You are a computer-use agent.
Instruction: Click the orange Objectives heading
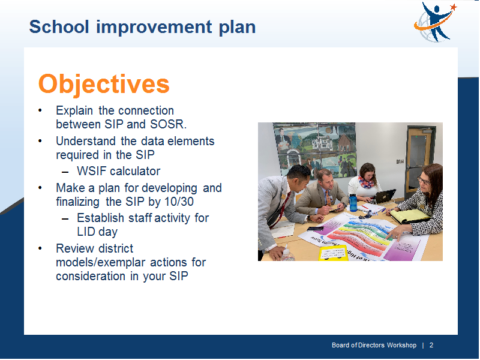point(104,84)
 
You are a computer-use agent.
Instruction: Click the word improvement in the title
point(154,27)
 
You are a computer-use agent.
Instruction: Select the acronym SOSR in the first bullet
point(167,124)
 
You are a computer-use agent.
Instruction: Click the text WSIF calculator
point(118,171)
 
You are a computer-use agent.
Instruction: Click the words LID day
point(97,232)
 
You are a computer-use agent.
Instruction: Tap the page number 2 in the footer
point(431,346)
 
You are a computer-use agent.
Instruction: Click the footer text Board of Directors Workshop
point(374,346)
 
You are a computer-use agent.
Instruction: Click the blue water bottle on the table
point(353,202)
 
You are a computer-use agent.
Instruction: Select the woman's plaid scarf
point(366,181)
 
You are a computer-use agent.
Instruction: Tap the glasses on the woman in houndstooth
point(423,180)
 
